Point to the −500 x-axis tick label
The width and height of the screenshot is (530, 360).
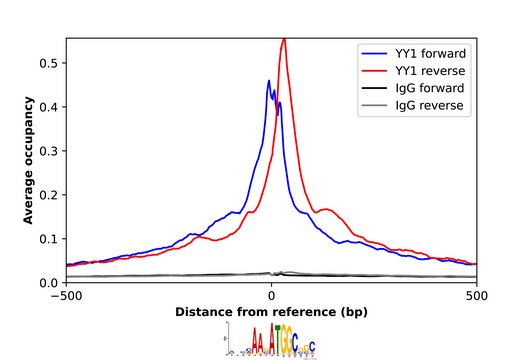[66, 296]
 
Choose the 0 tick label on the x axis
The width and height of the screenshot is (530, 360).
[272, 296]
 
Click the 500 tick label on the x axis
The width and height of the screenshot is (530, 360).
[477, 296]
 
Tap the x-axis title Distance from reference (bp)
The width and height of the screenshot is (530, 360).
[272, 312]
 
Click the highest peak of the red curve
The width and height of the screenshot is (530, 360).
[284, 39]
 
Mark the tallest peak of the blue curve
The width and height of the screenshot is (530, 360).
[269, 81]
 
